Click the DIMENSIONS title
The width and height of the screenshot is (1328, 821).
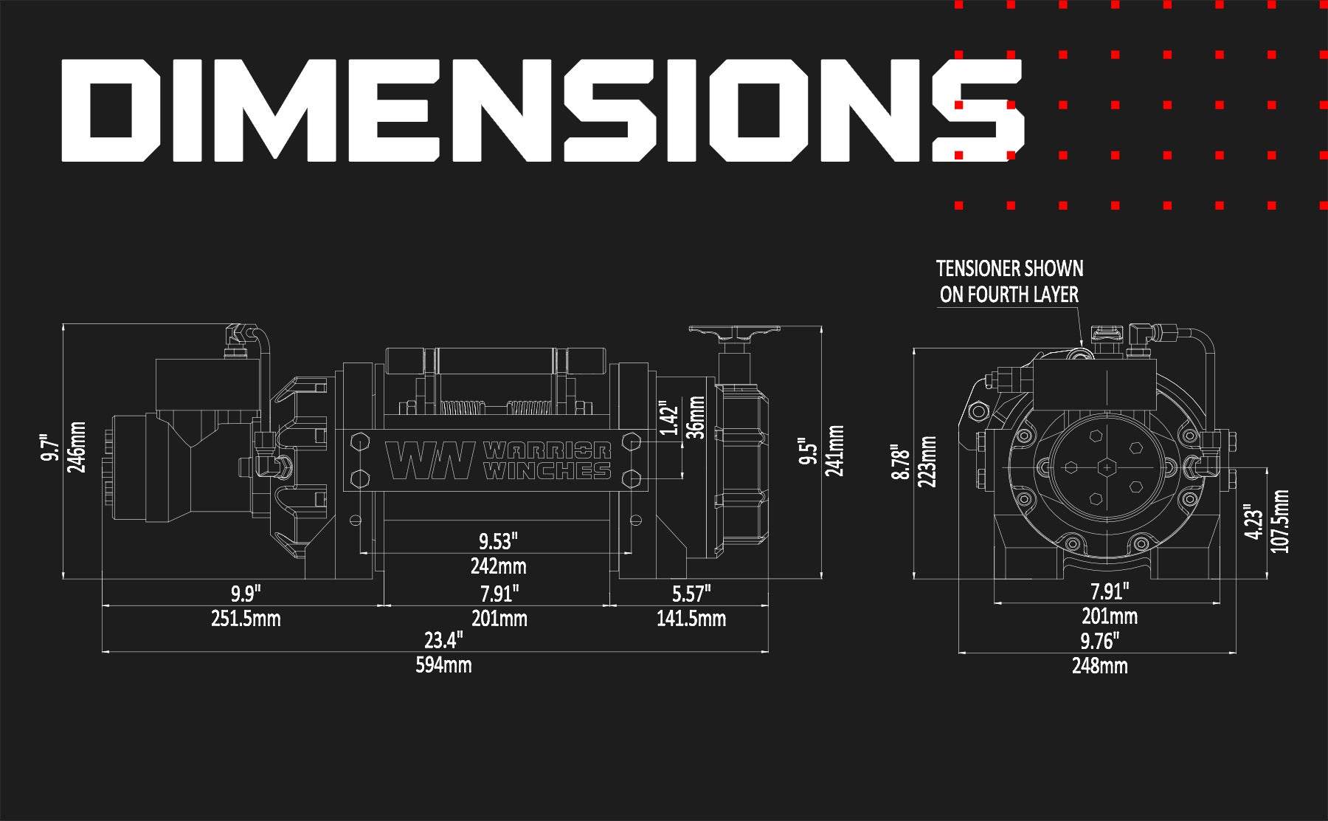click(x=542, y=111)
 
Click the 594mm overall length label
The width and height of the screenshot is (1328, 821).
click(x=443, y=665)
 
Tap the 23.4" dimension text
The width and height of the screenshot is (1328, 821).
click(x=443, y=639)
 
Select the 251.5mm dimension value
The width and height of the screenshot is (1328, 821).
click(x=246, y=618)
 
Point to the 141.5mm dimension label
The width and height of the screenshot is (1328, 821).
click(x=691, y=618)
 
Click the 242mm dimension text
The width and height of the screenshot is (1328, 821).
click(x=499, y=566)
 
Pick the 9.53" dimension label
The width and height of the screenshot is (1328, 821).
click(x=499, y=542)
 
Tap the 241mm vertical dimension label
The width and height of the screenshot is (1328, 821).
click(x=834, y=450)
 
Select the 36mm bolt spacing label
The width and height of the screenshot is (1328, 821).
click(x=696, y=417)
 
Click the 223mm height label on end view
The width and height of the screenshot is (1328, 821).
click(x=927, y=461)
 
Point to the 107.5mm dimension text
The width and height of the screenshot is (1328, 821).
click(x=1281, y=521)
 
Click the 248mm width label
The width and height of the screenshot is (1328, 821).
click(x=1099, y=666)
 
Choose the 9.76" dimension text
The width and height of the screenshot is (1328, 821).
click(x=1099, y=639)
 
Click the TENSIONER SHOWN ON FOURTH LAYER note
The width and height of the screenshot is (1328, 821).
click(x=1009, y=281)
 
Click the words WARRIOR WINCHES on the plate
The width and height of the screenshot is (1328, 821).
click(x=547, y=461)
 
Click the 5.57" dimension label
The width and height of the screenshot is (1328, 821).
click(x=691, y=593)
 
